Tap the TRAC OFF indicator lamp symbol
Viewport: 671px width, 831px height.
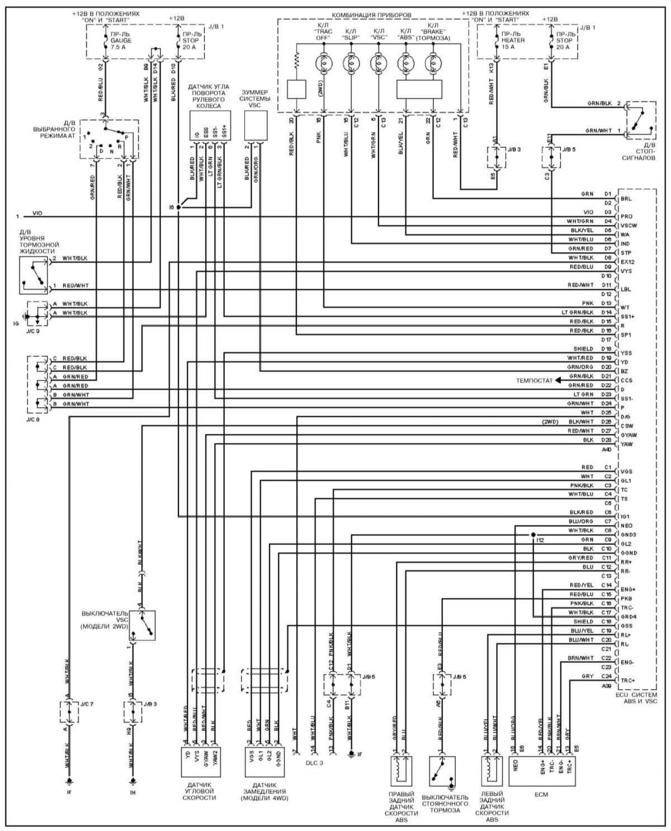(x=324, y=62)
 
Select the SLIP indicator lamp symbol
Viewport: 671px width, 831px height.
(x=351, y=62)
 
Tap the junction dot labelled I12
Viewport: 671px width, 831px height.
(x=533, y=535)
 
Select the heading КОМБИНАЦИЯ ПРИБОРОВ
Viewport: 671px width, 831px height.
(x=371, y=15)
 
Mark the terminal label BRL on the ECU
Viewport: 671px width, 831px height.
(x=626, y=199)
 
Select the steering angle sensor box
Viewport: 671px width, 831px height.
(x=209, y=126)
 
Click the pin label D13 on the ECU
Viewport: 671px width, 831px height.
(x=606, y=303)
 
